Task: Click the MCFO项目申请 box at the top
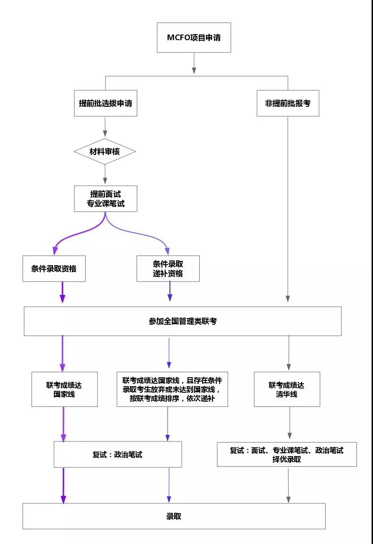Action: tap(194, 37)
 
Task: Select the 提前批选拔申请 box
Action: tap(105, 103)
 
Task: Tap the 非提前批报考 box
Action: tap(288, 103)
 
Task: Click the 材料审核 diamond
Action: tap(105, 152)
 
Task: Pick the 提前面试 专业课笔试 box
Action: tap(105, 199)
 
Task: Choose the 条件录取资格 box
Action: tap(54, 268)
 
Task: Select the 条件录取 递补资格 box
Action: tap(168, 268)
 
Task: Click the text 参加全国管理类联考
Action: tap(183, 321)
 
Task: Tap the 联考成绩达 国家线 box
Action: tap(64, 389)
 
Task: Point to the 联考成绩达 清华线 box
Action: tap(287, 389)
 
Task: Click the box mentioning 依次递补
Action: tap(172, 389)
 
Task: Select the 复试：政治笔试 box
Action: tap(117, 455)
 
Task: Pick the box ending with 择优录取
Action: tap(287, 454)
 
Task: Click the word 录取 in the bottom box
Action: tap(174, 516)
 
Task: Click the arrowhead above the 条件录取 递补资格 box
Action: tap(168, 251)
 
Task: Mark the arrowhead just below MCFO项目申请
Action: tap(194, 70)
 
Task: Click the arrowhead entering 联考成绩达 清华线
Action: tap(288, 367)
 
